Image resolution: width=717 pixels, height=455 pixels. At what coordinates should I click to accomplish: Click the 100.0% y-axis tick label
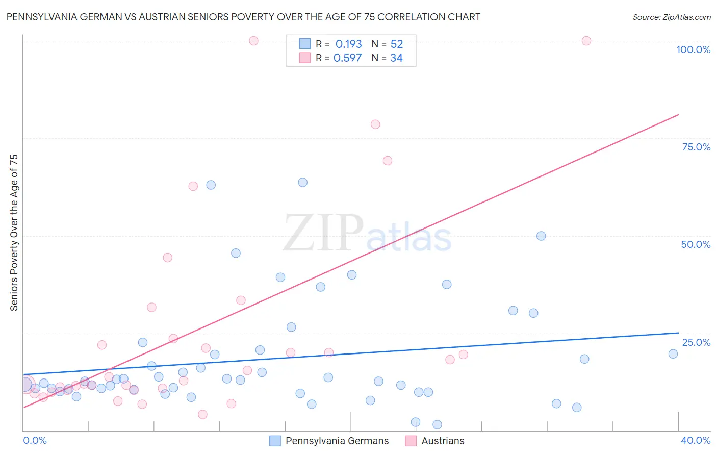[693, 49]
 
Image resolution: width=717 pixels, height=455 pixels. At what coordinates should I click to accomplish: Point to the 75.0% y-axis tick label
[696, 147]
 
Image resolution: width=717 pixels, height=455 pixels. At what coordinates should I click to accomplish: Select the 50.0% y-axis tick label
[696, 244]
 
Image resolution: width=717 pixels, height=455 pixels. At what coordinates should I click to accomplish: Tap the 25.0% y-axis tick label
[696, 342]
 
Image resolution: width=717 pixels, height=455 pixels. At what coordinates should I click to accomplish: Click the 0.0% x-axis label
[35, 440]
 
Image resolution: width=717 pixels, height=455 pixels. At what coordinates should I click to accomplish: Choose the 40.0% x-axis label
[695, 440]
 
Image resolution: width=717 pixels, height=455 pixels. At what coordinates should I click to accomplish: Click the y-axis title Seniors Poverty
[14, 232]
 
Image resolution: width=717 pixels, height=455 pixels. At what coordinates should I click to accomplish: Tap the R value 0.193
[348, 44]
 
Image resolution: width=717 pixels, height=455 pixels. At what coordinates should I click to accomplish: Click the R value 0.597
[347, 58]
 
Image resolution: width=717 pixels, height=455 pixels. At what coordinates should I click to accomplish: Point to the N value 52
[396, 44]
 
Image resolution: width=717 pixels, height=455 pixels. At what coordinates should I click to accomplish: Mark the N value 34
[396, 58]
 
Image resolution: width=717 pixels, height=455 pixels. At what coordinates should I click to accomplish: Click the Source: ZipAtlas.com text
[671, 17]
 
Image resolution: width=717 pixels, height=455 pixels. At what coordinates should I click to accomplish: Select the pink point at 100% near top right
[586, 41]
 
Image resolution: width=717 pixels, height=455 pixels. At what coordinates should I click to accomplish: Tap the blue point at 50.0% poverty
[541, 236]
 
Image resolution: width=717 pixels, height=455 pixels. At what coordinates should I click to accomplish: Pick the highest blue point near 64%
[302, 183]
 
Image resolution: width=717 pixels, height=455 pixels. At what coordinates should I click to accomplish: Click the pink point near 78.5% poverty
[375, 124]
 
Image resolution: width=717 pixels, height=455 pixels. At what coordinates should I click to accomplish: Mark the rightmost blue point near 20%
[673, 354]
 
